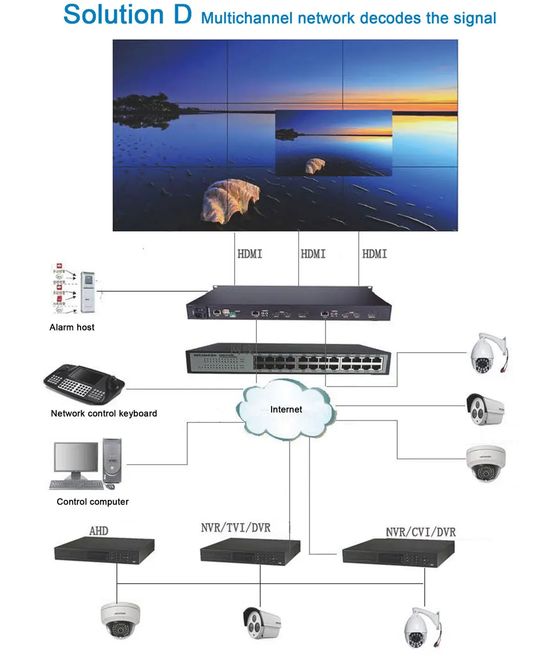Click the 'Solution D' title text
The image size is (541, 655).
(128, 15)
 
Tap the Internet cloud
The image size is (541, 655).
(286, 409)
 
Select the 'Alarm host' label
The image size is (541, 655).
(72, 327)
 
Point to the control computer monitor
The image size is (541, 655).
(76, 459)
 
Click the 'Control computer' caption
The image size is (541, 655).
(93, 502)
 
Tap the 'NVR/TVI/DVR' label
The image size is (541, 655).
(235, 527)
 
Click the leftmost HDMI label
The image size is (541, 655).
(249, 253)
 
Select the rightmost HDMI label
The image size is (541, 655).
(374, 253)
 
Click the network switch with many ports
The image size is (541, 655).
(288, 359)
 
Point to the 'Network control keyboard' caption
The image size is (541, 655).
(104, 414)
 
